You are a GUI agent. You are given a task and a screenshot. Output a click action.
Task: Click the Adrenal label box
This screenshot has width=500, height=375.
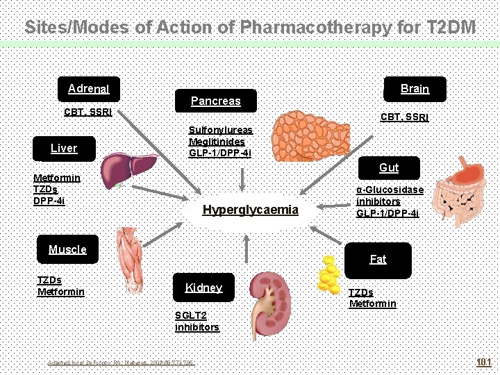[x=89, y=89]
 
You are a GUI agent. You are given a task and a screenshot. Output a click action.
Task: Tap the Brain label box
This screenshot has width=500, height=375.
[x=415, y=89]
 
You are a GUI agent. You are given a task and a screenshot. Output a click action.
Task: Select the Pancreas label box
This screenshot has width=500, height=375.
[x=215, y=101]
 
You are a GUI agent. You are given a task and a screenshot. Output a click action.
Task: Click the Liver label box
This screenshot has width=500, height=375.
[x=64, y=148]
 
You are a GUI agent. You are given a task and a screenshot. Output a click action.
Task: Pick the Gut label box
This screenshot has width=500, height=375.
[x=388, y=168]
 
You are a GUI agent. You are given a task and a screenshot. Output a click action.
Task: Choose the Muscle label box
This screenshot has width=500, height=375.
[x=68, y=249]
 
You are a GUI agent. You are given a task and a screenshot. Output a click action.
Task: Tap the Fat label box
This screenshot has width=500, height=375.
[x=378, y=259]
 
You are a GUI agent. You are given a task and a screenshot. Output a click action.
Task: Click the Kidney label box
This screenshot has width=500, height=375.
[x=203, y=287]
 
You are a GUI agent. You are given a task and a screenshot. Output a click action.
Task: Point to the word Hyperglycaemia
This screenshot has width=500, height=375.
[x=250, y=210]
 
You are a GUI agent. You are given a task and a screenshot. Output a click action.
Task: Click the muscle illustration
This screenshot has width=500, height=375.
[x=131, y=258]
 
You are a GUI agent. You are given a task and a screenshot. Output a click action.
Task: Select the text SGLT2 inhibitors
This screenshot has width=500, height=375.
[x=197, y=322]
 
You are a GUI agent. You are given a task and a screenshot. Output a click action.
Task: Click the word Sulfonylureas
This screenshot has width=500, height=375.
[x=221, y=130]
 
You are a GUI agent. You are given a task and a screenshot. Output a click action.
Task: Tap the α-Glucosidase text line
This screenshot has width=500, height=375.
[x=390, y=190]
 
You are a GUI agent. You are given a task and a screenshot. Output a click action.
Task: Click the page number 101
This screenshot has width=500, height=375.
[x=483, y=362]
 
